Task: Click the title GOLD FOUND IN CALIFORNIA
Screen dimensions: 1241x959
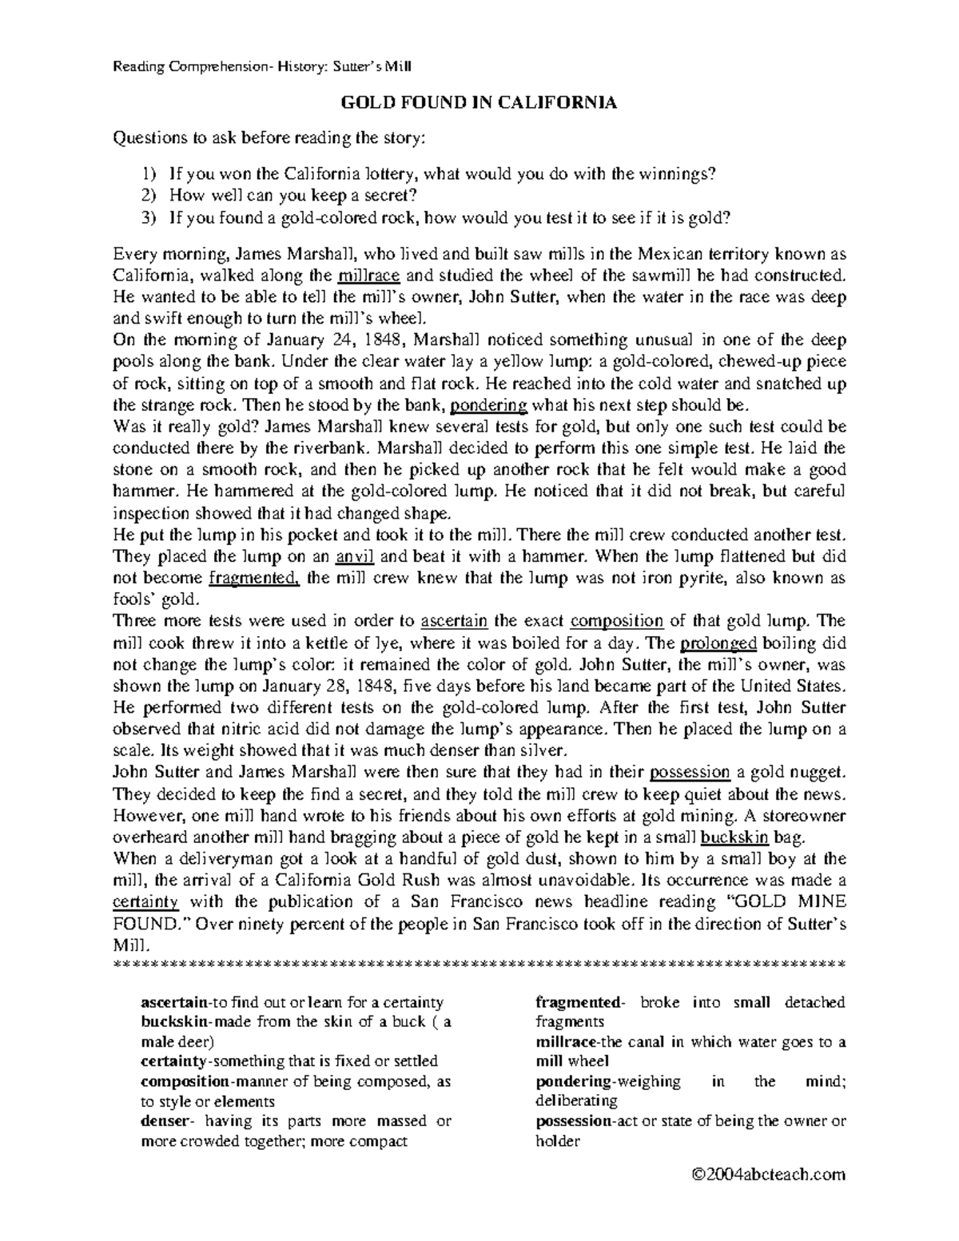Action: tap(479, 103)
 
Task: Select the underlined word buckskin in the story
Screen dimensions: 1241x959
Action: tap(734, 837)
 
